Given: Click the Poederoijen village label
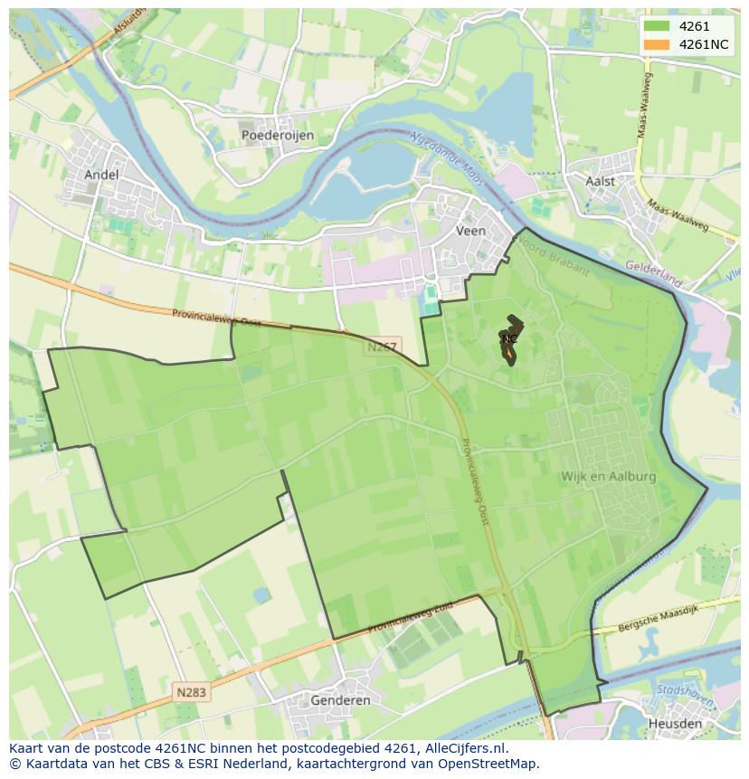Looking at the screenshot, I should [278, 135].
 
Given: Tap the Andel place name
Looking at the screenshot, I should [100, 175].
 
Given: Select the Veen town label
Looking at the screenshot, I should [470, 231].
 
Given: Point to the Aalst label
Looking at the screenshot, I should [600, 181].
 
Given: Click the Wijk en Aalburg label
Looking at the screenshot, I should [608, 476].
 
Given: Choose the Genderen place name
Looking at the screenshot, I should [340, 700].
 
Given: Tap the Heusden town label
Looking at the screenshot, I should [675, 724].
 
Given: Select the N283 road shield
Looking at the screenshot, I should [191, 692].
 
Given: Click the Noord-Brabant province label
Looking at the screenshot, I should [557, 262].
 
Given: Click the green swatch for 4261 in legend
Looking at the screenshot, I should [657, 26].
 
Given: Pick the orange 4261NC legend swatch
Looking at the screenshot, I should [657, 44].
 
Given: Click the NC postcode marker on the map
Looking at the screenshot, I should [510, 339].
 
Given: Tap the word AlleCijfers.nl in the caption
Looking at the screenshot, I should [463, 749].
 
